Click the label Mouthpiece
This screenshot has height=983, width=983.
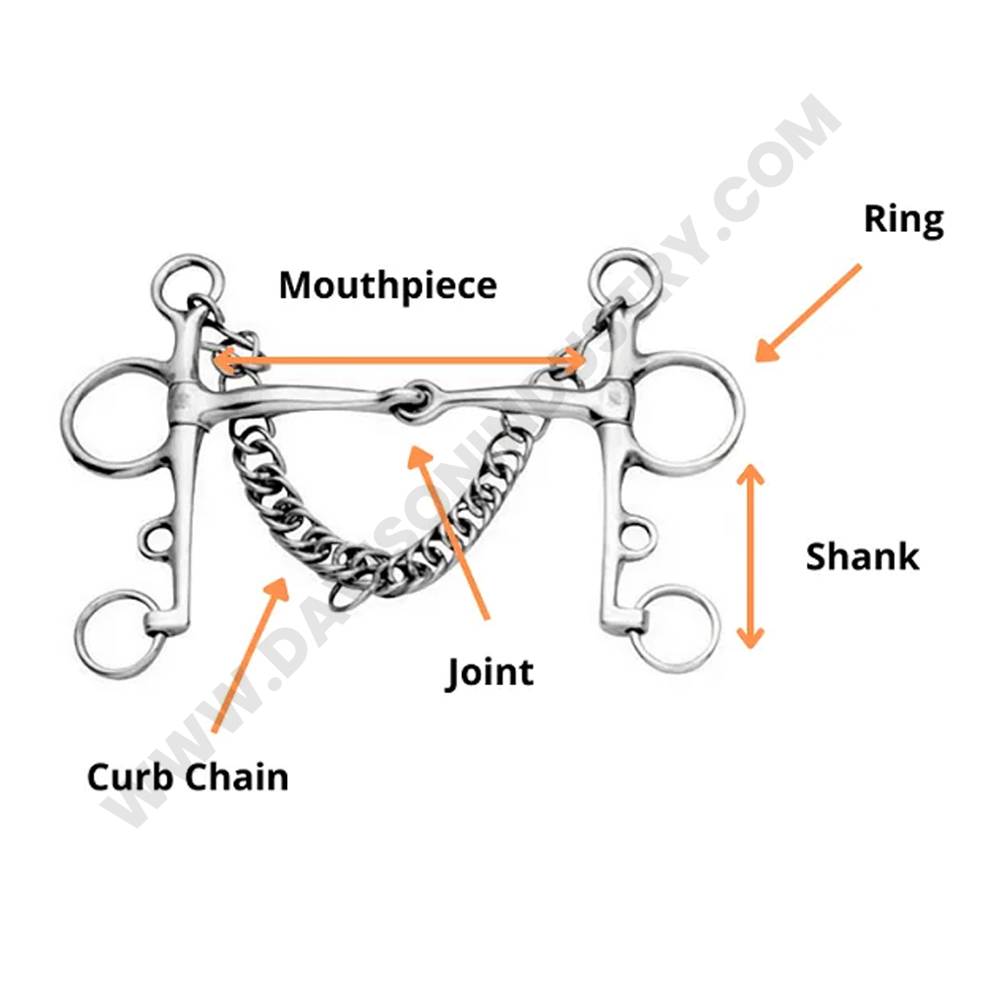[x=387, y=286]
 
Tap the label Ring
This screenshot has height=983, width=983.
[x=903, y=220]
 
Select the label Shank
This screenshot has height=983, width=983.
[x=862, y=556]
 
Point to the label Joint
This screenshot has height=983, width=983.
[x=490, y=673]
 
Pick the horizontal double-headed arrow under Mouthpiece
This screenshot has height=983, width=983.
[x=400, y=361]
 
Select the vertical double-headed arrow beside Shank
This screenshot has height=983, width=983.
[x=751, y=555]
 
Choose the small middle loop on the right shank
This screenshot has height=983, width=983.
[x=638, y=534]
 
